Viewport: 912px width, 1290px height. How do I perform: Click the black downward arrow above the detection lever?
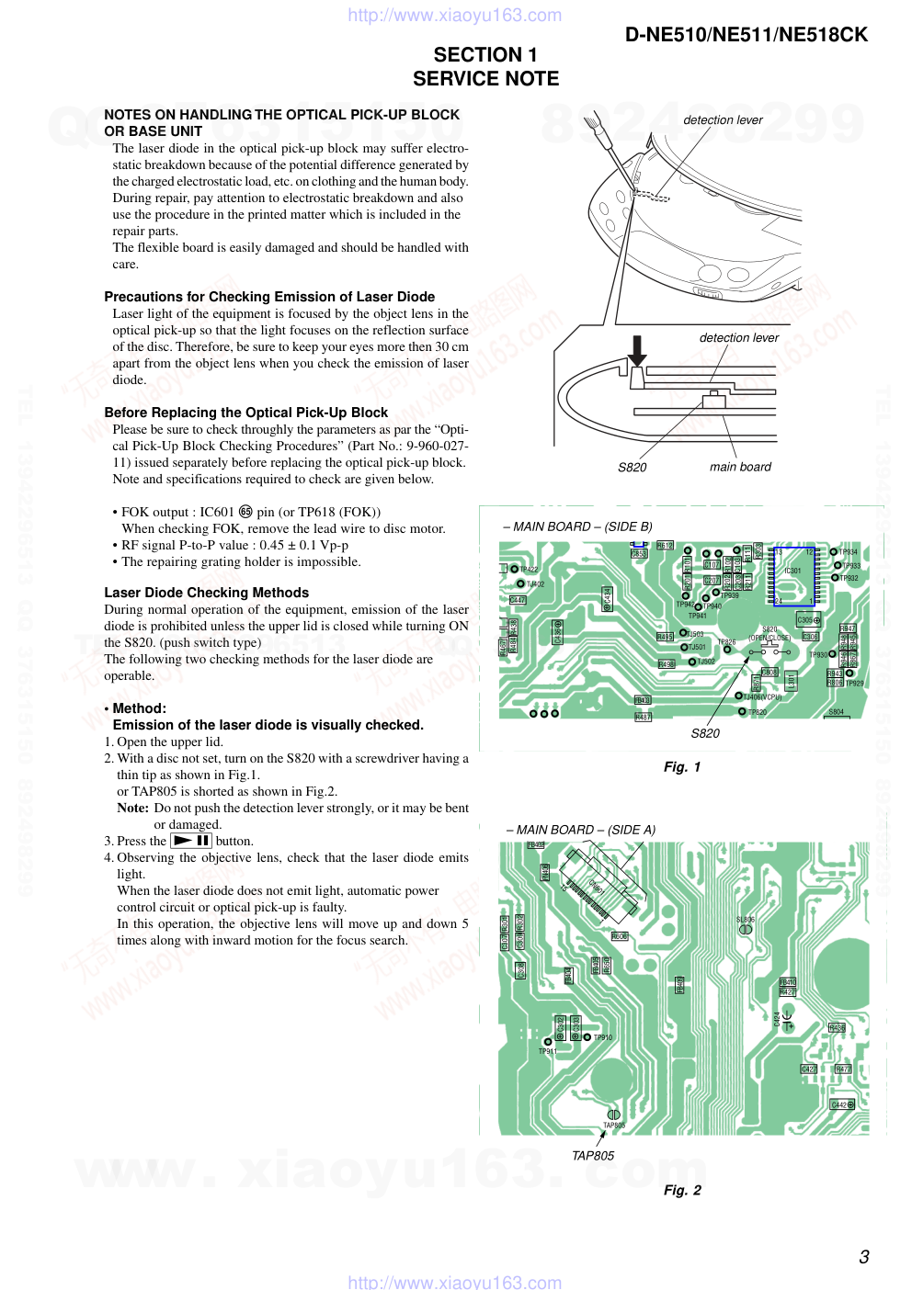(636, 351)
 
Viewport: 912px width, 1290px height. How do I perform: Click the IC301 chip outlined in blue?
(794, 576)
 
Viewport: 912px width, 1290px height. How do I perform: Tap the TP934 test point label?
(849, 552)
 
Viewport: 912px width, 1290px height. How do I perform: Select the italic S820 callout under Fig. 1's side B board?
(705, 733)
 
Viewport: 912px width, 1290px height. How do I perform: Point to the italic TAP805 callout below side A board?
(593, 1156)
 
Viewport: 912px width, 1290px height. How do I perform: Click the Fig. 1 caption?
(682, 767)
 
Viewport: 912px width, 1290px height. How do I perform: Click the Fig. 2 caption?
(682, 1191)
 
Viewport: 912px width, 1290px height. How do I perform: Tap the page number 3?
(863, 1257)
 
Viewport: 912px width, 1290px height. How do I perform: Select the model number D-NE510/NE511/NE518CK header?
(746, 35)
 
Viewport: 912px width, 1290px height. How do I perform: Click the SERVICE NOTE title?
(485, 79)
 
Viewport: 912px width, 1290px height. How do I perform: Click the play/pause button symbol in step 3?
(192, 841)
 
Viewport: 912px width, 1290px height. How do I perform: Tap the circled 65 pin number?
(245, 512)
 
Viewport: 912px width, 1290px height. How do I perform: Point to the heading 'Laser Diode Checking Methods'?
(206, 593)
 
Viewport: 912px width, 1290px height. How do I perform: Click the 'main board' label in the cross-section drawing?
(740, 467)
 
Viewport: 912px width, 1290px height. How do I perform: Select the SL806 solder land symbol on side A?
(746, 929)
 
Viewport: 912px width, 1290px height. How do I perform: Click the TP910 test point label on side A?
(602, 1037)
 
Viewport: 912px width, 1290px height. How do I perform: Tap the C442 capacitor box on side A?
(842, 1104)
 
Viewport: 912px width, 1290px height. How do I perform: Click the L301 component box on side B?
(792, 681)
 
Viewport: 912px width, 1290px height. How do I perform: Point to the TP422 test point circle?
(515, 569)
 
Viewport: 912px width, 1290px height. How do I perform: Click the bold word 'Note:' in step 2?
(132, 809)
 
